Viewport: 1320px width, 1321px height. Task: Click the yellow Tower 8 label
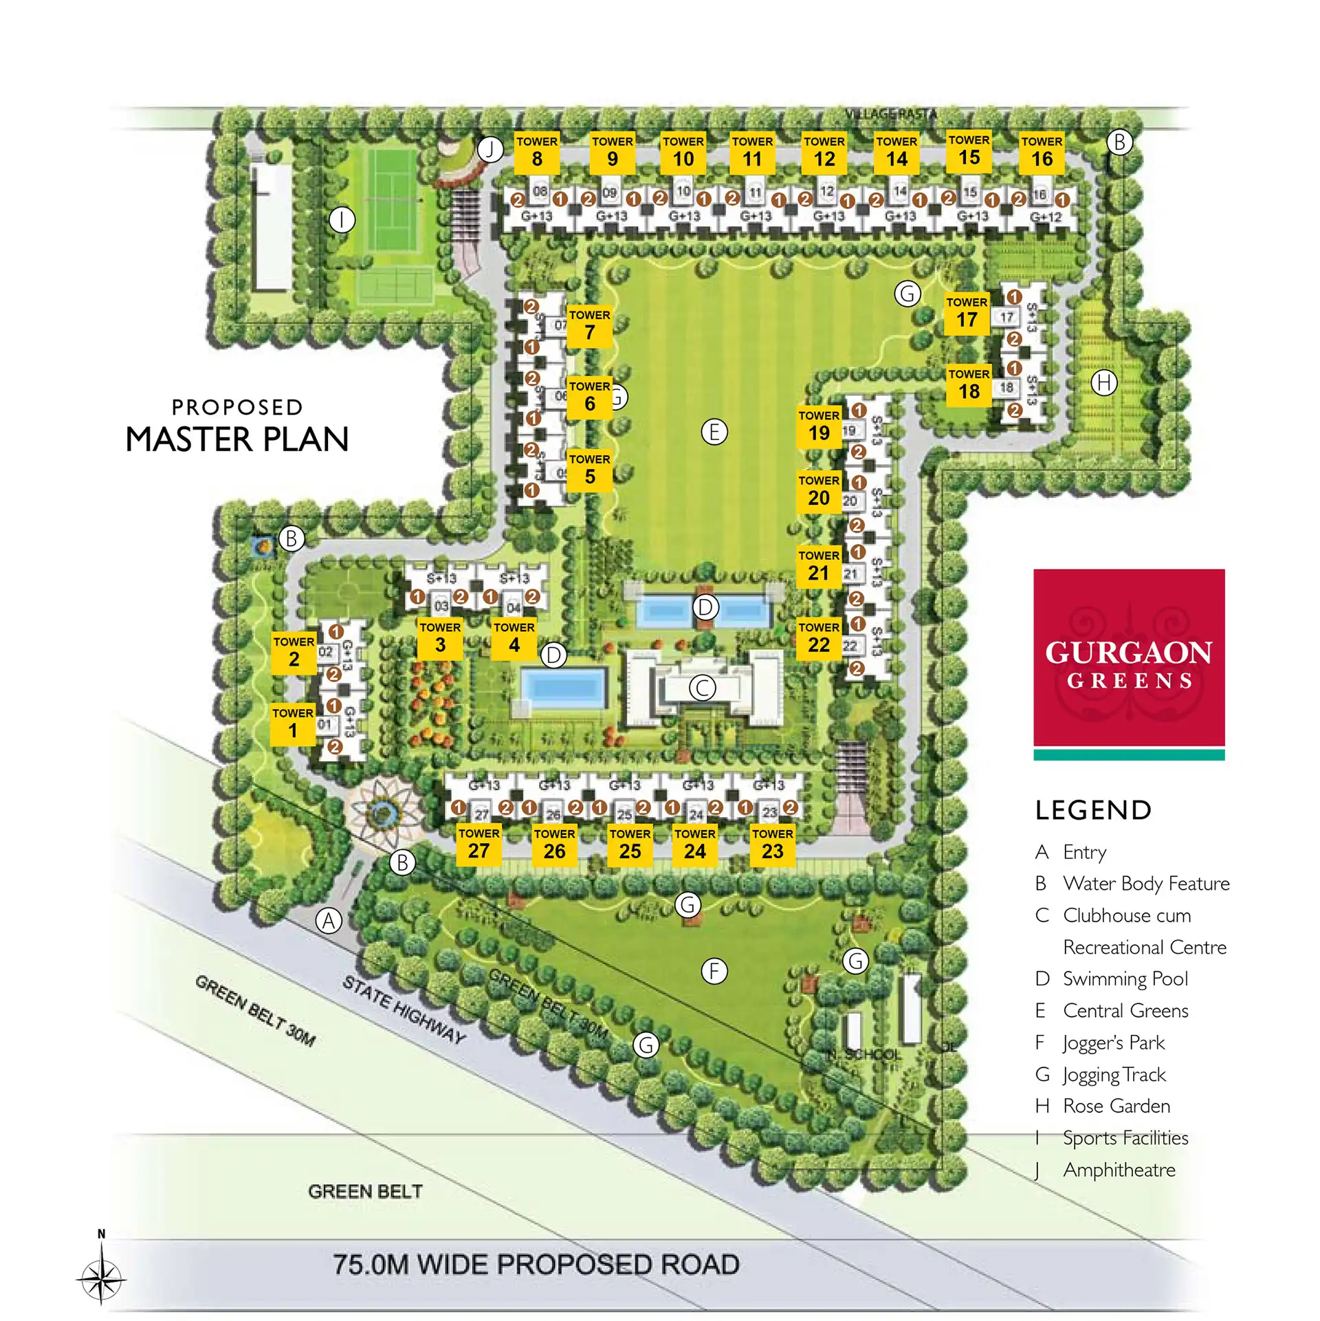click(537, 152)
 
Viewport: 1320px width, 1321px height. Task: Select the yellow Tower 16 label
click(1042, 152)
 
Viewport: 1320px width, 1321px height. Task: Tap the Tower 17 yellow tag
click(967, 313)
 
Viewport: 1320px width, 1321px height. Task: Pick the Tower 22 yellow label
click(819, 638)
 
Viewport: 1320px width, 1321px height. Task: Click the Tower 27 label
click(479, 844)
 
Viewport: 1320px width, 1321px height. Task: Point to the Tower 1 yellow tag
click(293, 724)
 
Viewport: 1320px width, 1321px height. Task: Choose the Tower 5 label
click(590, 470)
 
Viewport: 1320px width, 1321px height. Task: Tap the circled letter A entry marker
click(329, 921)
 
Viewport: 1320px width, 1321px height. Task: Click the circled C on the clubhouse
click(703, 688)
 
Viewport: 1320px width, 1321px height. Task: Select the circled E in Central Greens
click(714, 432)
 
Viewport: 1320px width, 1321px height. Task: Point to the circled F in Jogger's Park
click(714, 971)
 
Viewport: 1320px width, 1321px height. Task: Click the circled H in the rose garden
click(1104, 382)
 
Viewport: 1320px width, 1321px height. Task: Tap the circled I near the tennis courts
click(342, 220)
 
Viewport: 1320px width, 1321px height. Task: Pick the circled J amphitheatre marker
click(490, 149)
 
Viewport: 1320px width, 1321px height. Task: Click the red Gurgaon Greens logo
click(1129, 658)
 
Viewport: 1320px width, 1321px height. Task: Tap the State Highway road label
click(404, 1009)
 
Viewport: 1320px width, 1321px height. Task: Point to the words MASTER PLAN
click(237, 439)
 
